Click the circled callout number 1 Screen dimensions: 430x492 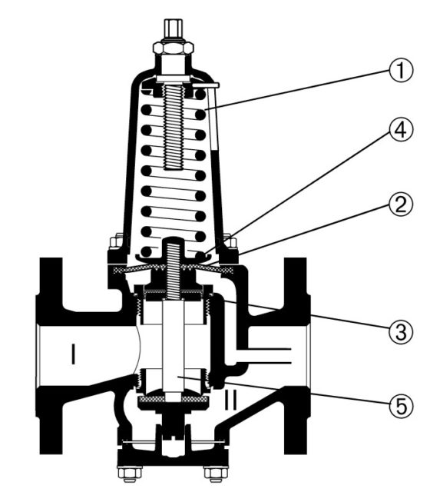pos(401,70)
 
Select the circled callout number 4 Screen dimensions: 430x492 pos(401,130)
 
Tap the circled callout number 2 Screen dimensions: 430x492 pos(401,204)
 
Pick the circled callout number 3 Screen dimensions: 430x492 pos(401,331)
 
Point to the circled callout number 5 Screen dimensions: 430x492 pos(401,406)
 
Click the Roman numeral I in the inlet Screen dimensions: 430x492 pos(73,354)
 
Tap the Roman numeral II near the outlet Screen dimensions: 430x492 pos(230,399)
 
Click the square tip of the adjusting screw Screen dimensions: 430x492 pos(174,29)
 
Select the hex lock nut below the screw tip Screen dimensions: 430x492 pos(173,48)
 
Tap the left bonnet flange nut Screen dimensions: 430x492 pos(116,242)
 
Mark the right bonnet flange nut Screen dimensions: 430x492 pos(230,242)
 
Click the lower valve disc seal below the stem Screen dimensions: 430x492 pos(173,399)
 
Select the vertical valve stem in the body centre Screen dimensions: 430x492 pos(174,347)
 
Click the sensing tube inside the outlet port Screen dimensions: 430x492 pos(263,356)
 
